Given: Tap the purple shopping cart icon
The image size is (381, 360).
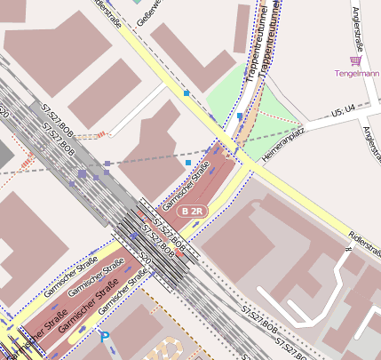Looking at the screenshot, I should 356,60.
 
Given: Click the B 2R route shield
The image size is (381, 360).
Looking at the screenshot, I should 191,212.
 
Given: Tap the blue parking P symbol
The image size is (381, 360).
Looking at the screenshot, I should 106,338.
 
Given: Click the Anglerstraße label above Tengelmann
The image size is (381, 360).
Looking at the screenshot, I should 359,27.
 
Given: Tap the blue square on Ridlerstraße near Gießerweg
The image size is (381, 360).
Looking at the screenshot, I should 187,92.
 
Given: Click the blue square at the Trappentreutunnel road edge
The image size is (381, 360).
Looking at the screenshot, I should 240,116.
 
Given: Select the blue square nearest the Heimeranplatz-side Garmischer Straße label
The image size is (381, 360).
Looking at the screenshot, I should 187,163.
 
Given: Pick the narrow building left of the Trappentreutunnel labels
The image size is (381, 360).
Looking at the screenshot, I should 242,27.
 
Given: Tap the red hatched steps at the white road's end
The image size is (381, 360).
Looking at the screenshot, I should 99,135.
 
